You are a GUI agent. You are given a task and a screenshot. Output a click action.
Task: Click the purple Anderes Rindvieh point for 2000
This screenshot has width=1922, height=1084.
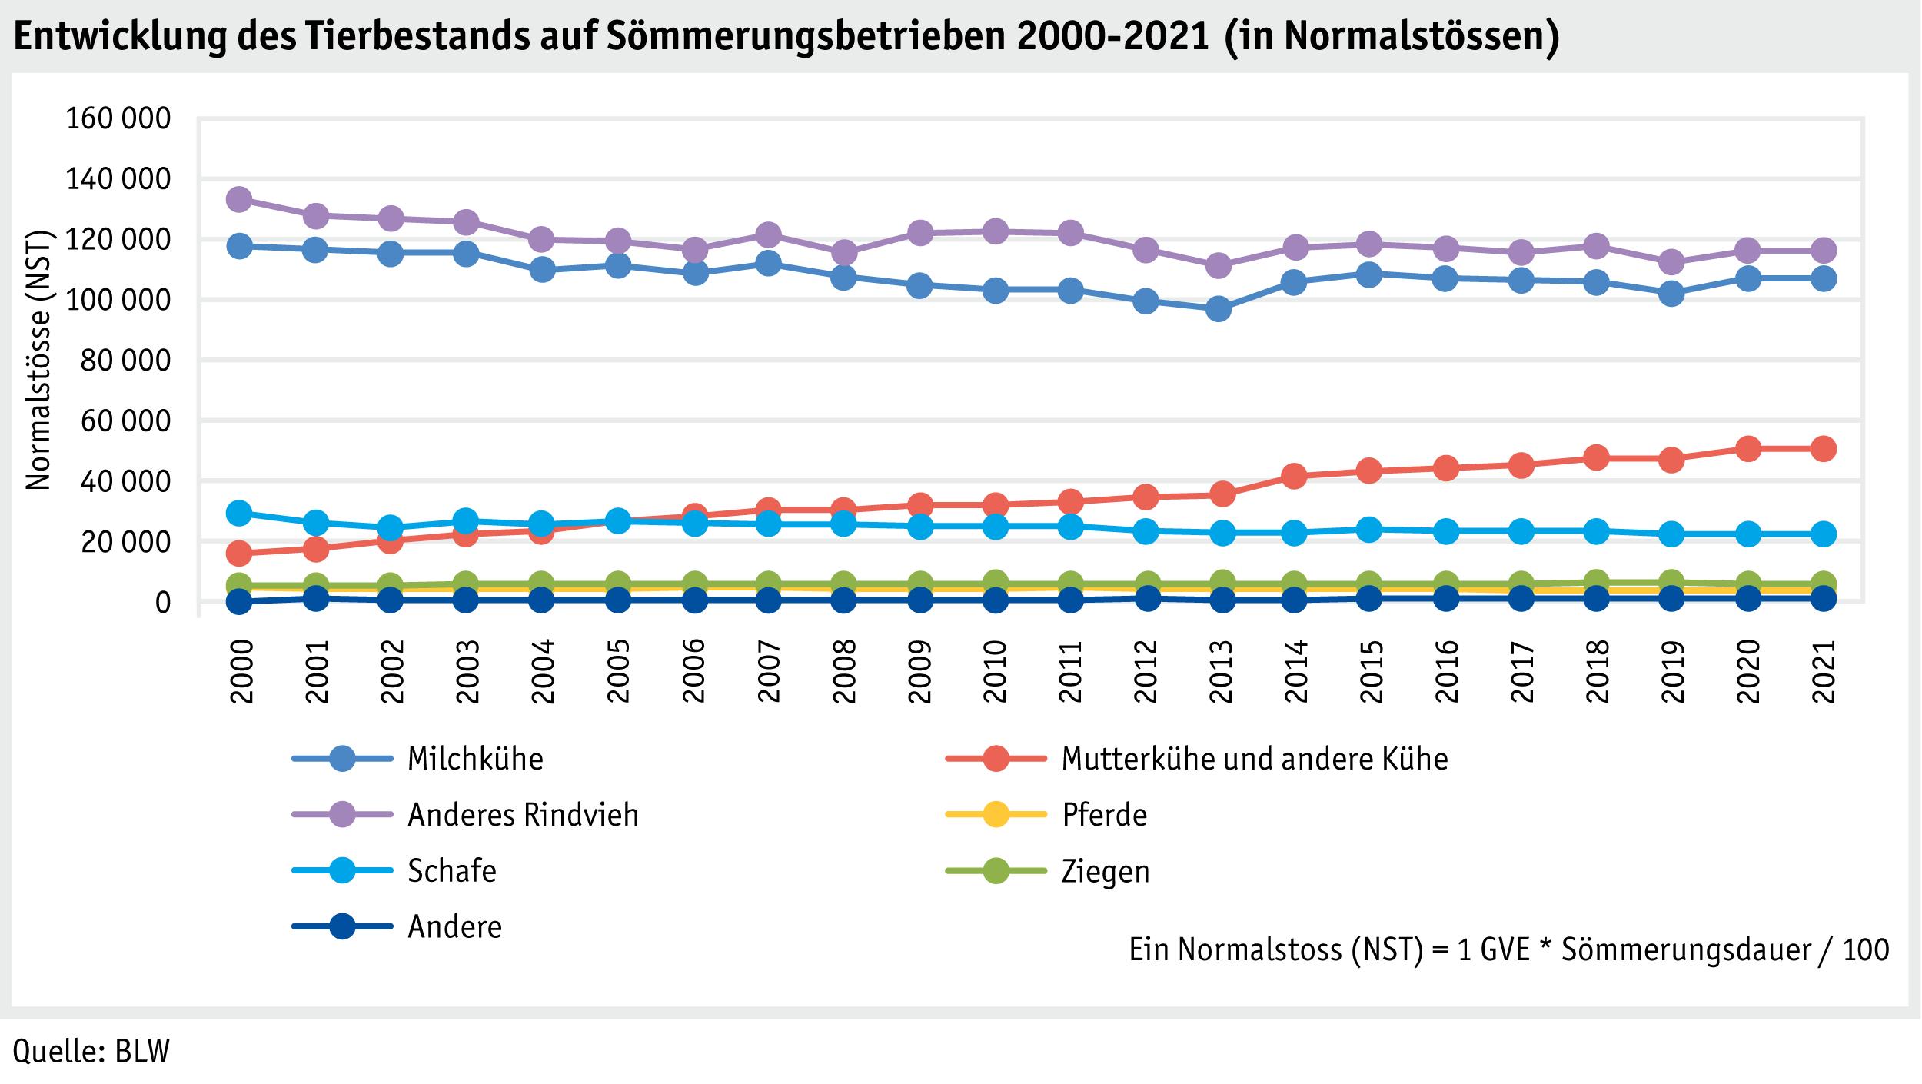[239, 200]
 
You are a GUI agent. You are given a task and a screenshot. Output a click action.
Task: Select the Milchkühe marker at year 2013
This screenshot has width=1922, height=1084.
[1218, 310]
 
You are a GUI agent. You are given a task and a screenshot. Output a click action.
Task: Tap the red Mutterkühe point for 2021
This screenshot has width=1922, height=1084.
[1822, 449]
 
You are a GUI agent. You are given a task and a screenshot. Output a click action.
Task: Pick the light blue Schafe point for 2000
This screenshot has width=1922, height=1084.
[239, 513]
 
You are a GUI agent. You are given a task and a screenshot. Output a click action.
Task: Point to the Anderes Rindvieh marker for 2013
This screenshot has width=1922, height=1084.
[1218, 266]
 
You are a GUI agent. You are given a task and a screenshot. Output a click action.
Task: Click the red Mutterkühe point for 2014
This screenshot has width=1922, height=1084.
[1294, 476]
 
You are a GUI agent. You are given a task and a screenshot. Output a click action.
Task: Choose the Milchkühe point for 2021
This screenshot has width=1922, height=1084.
[1822, 278]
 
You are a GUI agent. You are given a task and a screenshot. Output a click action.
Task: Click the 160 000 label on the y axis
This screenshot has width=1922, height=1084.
[118, 119]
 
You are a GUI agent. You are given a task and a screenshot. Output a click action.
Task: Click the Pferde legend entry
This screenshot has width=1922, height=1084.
[1104, 815]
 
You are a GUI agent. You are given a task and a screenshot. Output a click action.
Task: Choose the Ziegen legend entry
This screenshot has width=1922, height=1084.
[1105, 871]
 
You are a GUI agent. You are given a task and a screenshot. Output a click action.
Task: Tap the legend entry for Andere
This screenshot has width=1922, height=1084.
[454, 927]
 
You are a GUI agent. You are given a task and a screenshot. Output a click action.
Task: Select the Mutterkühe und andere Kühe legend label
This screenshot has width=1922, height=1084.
[1254, 759]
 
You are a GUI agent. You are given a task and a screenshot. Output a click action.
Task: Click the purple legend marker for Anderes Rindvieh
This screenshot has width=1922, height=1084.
[342, 815]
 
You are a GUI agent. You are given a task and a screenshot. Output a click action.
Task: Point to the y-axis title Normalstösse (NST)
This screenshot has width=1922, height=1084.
[38, 361]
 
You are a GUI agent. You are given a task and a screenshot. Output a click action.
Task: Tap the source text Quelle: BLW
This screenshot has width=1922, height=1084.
[91, 1052]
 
